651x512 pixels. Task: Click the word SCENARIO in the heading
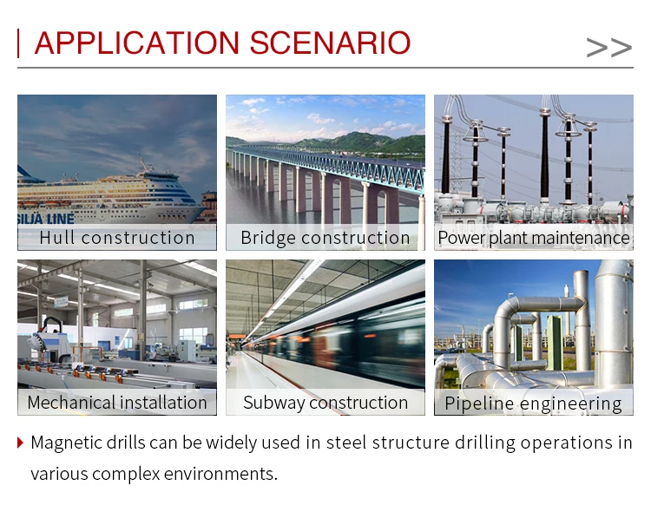pyautogui.click(x=330, y=43)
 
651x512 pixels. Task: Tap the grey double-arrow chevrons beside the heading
pyautogui.click(x=609, y=48)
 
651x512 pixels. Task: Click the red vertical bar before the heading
pyautogui.click(x=18, y=43)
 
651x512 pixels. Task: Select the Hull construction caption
pyautogui.click(x=117, y=238)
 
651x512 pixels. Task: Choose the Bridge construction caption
pyautogui.click(x=325, y=238)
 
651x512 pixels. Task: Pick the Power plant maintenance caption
pyautogui.click(x=534, y=238)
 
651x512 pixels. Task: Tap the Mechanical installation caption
pyautogui.click(x=117, y=403)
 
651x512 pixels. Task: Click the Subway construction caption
pyautogui.click(x=325, y=403)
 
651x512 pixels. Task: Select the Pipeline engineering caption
pyautogui.click(x=533, y=404)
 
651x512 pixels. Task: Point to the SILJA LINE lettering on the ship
pyautogui.click(x=46, y=219)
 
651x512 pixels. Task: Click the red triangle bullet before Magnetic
pyautogui.click(x=20, y=443)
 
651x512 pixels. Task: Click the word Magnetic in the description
pyautogui.click(x=66, y=443)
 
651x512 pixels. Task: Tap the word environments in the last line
pyautogui.click(x=220, y=474)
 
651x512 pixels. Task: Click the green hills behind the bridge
pyautogui.click(x=357, y=143)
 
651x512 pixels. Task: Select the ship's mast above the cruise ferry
pyautogui.click(x=143, y=163)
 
